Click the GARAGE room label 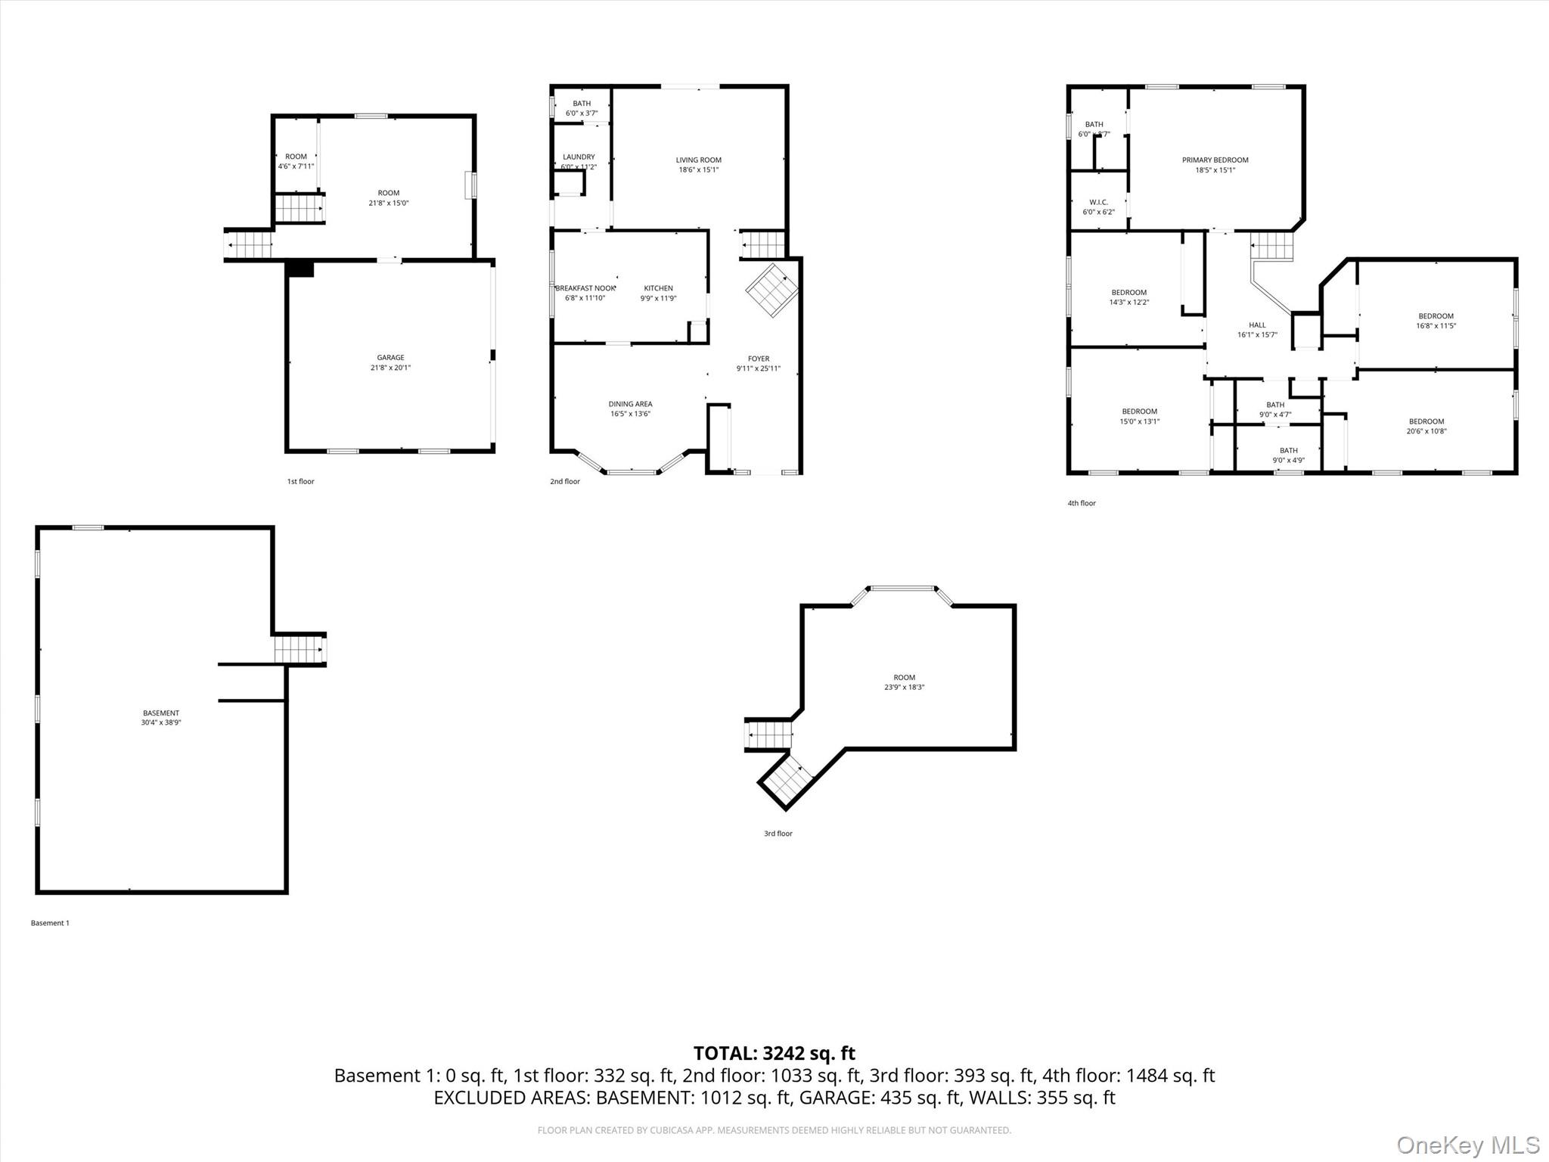click(x=390, y=358)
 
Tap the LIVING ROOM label click(x=698, y=160)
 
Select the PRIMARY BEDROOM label click(x=1215, y=160)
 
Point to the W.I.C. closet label click(x=1098, y=203)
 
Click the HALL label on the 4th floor click(x=1257, y=325)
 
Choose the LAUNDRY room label click(x=579, y=157)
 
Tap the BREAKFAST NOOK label click(x=585, y=288)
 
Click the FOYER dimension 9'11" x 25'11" click(x=758, y=369)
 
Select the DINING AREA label click(x=630, y=404)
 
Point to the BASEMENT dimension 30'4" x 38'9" click(x=161, y=723)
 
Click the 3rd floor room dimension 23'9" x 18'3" click(x=904, y=688)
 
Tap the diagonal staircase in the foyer click(x=772, y=290)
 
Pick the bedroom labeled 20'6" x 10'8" click(x=1426, y=427)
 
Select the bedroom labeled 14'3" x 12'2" click(x=1128, y=297)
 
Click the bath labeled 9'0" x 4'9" click(x=1288, y=455)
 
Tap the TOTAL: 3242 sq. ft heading click(x=774, y=1053)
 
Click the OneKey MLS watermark click(x=1467, y=1145)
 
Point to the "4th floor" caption click(x=1081, y=503)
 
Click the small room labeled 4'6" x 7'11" click(x=296, y=161)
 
